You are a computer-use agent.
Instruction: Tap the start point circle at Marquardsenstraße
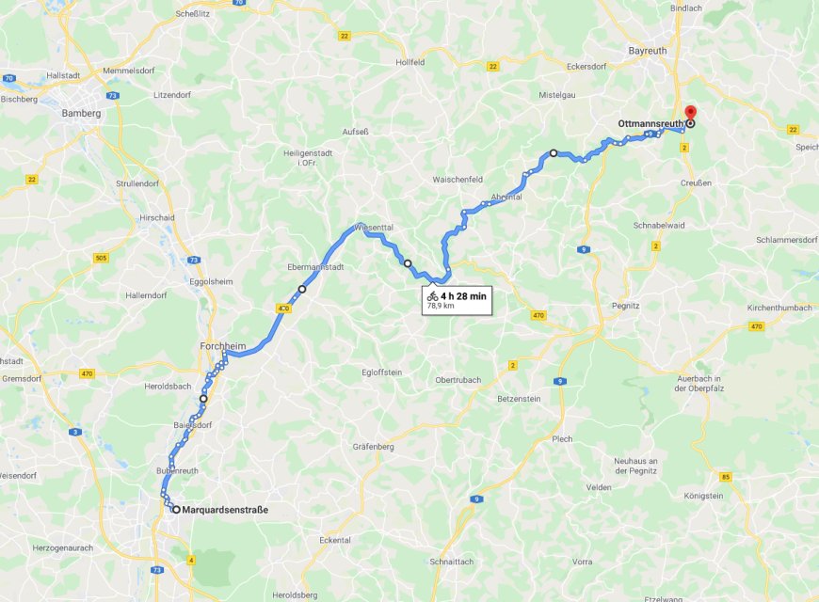[176, 510]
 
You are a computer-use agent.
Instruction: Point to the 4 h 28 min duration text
[463, 295]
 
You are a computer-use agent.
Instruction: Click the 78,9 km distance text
[442, 307]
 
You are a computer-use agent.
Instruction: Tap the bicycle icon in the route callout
[432, 295]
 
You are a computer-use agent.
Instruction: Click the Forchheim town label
[222, 346]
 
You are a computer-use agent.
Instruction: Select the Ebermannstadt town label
[317, 267]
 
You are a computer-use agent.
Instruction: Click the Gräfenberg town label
[373, 446]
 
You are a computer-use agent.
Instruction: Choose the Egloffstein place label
[382, 372]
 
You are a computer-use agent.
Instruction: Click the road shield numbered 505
[101, 257]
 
